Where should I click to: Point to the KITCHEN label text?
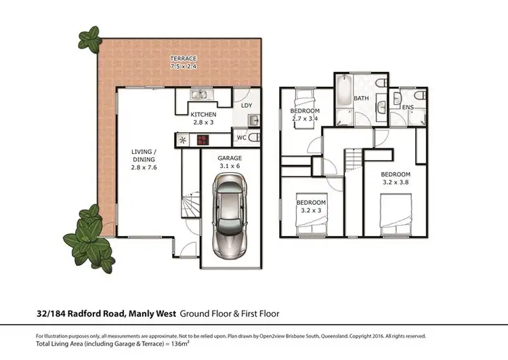point(203,115)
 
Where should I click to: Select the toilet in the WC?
point(253,138)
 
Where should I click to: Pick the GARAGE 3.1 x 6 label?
point(229,161)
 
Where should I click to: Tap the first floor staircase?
point(354,161)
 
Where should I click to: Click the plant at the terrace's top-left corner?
point(89,37)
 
